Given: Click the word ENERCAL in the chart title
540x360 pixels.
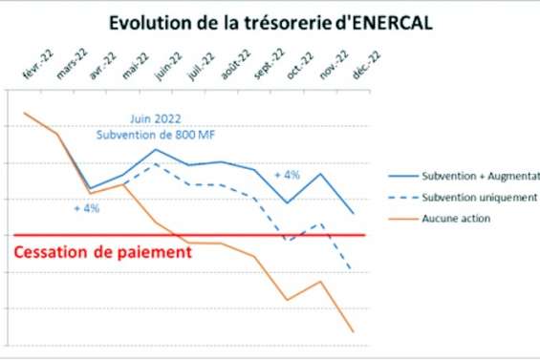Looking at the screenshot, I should pyautogui.click(x=382, y=22).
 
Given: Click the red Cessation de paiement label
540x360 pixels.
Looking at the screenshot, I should pyautogui.click(x=103, y=253).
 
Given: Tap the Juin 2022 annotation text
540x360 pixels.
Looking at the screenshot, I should pyautogui.click(x=158, y=120).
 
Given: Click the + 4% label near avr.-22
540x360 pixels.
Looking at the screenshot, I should pyautogui.click(x=87, y=208).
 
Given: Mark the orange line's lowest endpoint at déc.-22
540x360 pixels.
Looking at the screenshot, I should pyautogui.click(x=354, y=331).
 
